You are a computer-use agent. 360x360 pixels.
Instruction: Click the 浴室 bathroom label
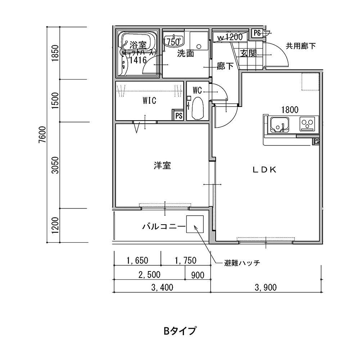pyautogui.click(x=138, y=45)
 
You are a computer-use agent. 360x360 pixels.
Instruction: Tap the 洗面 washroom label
pyautogui.click(x=185, y=54)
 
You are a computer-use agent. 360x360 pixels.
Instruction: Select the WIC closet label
pyautogui.click(x=149, y=101)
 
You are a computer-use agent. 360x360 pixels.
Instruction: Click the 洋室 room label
pyautogui.click(x=162, y=166)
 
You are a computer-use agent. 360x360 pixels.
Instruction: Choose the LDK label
pyautogui.click(x=264, y=170)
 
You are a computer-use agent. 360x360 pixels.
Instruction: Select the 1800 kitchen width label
pyautogui.click(x=289, y=110)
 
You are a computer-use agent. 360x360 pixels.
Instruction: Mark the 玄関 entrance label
pyautogui.click(x=248, y=54)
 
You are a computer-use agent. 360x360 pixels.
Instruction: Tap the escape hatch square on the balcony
pyautogui.click(x=195, y=225)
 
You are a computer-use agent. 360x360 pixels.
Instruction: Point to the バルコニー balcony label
pyautogui.click(x=163, y=227)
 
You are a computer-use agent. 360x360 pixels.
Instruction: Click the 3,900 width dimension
pyautogui.click(x=265, y=287)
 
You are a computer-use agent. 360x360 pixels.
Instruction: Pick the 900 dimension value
pyautogui.click(x=198, y=275)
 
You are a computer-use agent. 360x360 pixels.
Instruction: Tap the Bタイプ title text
pyautogui.click(x=180, y=330)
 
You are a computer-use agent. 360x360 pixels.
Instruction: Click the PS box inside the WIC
pyautogui.click(x=179, y=116)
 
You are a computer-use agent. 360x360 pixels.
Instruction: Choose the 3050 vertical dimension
pyautogui.click(x=55, y=165)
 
